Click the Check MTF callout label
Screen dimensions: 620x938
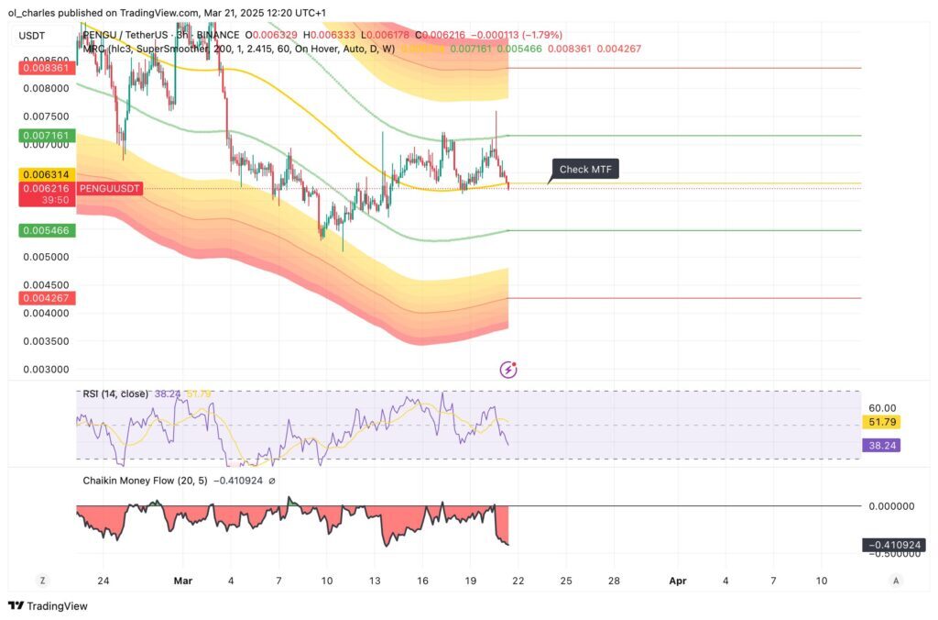pyautogui.click(x=585, y=169)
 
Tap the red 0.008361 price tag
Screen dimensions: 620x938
pyautogui.click(x=38, y=68)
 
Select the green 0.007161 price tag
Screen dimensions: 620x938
pyautogui.click(x=38, y=136)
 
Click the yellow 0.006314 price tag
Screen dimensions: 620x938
pyautogui.click(x=38, y=174)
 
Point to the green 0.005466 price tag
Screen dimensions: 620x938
pyautogui.click(x=38, y=230)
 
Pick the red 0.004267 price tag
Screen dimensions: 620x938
pyautogui.click(x=38, y=298)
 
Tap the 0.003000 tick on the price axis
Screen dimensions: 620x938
pyautogui.click(x=44, y=370)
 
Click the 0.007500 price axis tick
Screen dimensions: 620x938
pyautogui.click(x=44, y=116)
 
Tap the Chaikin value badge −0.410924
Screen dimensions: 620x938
pyautogui.click(x=894, y=545)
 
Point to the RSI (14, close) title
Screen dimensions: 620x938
pyautogui.click(x=115, y=393)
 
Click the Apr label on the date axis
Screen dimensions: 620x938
pyautogui.click(x=678, y=581)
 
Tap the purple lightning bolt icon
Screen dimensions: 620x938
pyautogui.click(x=508, y=370)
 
